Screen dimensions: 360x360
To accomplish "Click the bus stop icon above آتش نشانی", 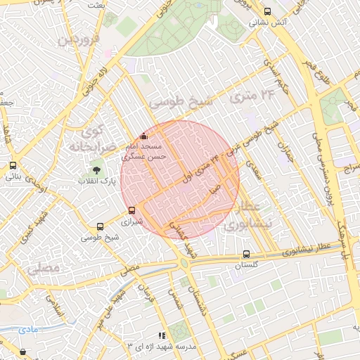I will [267, 11].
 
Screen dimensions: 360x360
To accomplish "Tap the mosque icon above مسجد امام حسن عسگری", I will [144, 136].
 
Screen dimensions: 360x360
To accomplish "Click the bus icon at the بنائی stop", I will [13, 166].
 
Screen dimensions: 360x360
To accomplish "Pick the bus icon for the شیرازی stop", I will [131, 210].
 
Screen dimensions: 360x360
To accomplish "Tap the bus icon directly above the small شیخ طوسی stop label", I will [100, 226].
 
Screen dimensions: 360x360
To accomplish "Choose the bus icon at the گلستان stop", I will [245, 254].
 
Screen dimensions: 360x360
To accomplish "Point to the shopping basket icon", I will [23, 352].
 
